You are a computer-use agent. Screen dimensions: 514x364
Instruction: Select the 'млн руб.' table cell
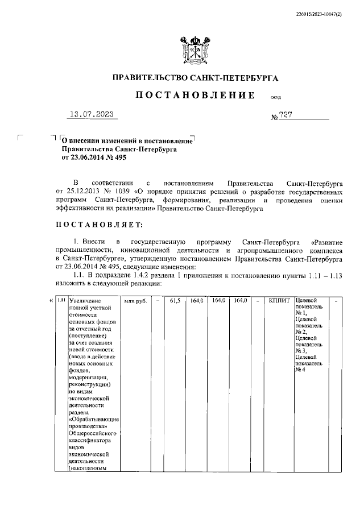pyautogui.click(x=136, y=301)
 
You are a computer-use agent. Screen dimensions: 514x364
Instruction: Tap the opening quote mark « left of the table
pyautogui.click(x=51, y=300)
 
